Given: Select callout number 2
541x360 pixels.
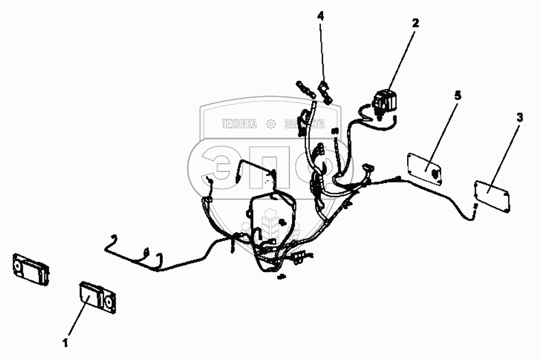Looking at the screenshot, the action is (415, 23).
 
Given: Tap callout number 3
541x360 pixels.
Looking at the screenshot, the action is (519, 117).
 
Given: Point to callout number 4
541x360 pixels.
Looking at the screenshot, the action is (321, 15).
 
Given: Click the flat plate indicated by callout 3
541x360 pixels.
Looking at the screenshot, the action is (493, 194).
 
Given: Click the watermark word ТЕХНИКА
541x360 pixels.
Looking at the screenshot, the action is (239, 124).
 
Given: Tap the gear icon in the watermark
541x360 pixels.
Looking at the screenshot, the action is (270, 124).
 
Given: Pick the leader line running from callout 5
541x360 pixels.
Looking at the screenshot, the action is (445, 132).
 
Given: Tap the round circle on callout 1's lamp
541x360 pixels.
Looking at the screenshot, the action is (108, 301).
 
